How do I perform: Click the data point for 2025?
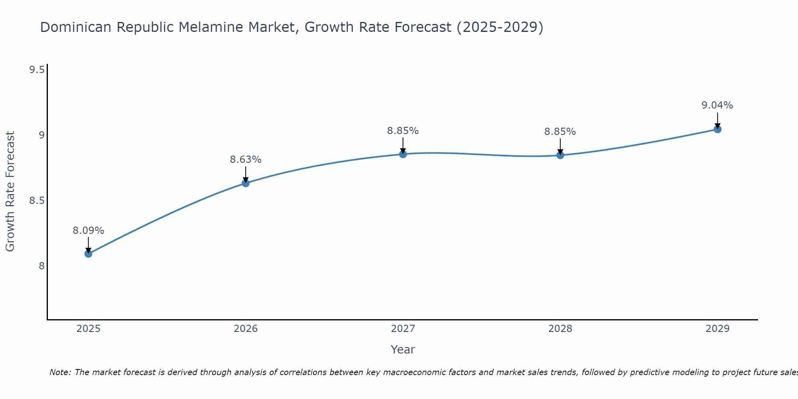coord(89,253)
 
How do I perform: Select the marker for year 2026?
coord(246,183)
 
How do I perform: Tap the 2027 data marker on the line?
coord(403,154)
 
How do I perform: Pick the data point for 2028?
coord(560,155)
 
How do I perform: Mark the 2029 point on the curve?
coord(717,129)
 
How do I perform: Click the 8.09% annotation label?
coord(89,231)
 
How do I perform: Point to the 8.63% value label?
coord(246,160)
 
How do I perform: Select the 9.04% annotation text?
coord(717,105)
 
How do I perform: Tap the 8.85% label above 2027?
coord(403,131)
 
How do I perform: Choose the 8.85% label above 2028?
coord(560,132)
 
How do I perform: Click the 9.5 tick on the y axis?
coord(37,70)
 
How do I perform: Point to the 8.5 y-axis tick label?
coord(37,201)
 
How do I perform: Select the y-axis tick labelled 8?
coord(41,266)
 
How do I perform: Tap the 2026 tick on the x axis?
coord(246,329)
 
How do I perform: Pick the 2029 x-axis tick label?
coord(717,329)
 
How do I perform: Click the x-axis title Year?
coord(403,350)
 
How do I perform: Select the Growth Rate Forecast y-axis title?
coord(10,192)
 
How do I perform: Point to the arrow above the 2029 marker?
coord(717,120)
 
